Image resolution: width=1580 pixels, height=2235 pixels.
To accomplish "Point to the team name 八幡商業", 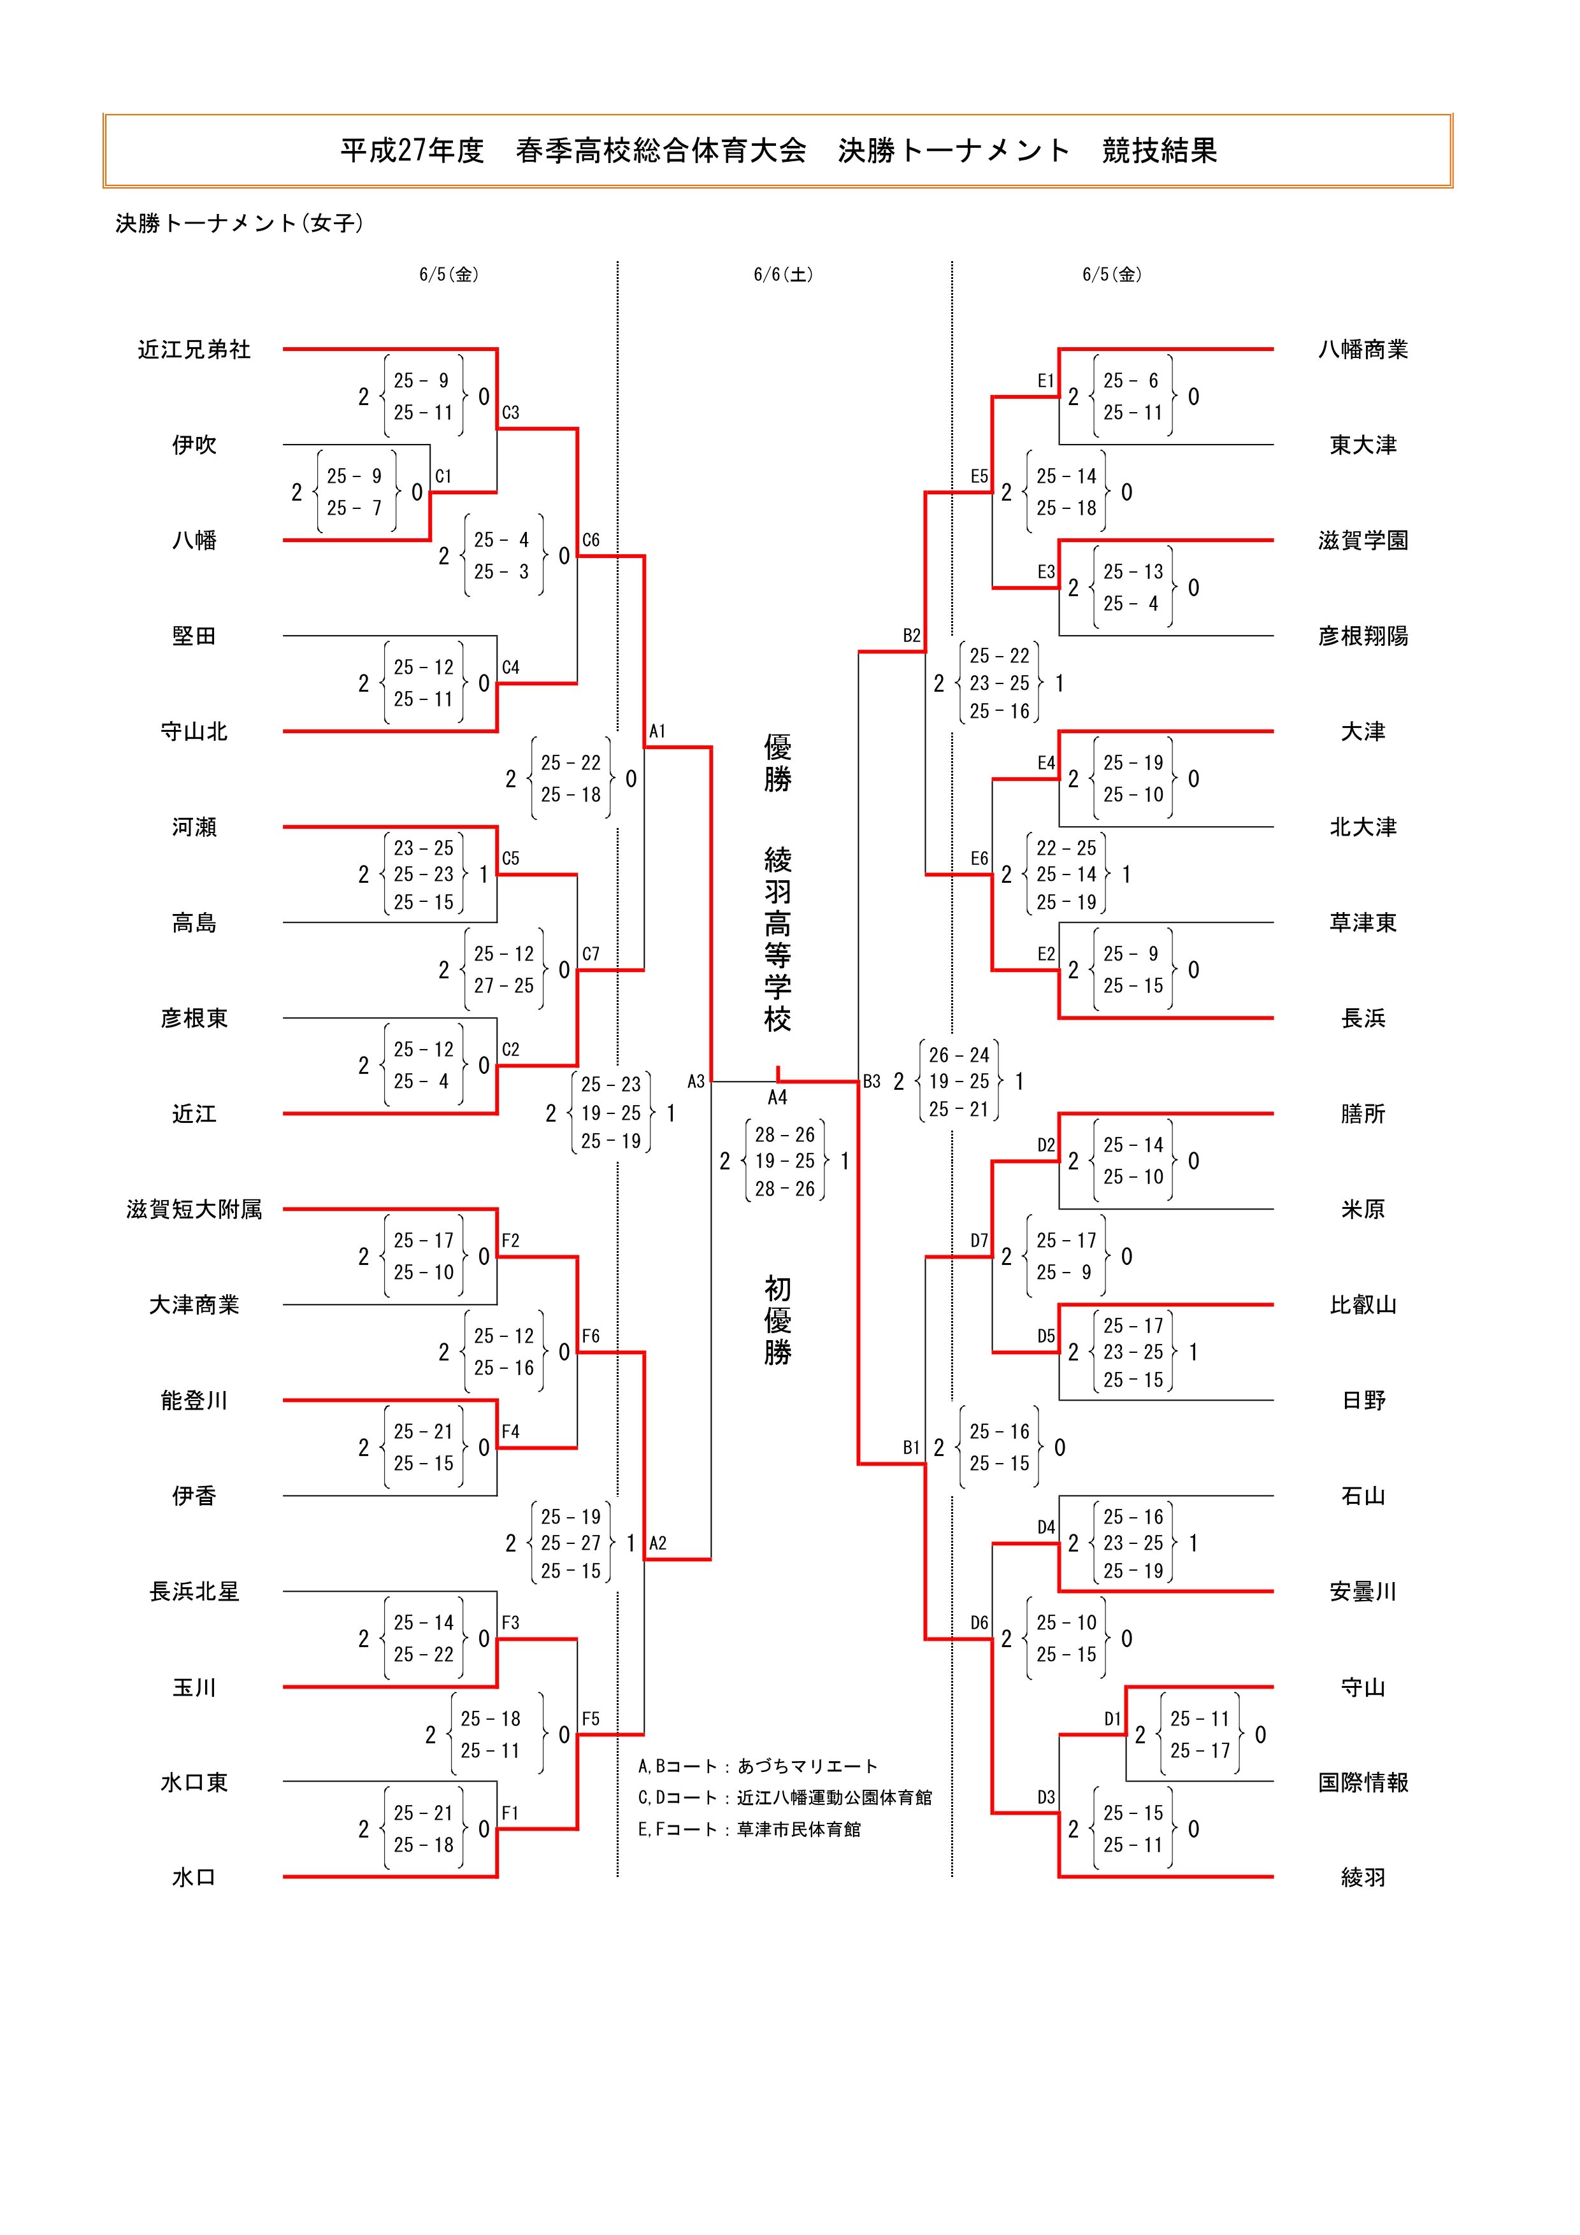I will click(x=1362, y=350).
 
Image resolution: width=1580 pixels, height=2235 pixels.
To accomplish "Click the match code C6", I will click(x=591, y=540).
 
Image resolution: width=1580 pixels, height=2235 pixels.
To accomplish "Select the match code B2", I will click(x=911, y=636).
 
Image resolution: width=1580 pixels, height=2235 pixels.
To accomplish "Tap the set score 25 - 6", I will click(x=1131, y=381).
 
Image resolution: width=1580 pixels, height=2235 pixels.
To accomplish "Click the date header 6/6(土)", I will click(x=783, y=275).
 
